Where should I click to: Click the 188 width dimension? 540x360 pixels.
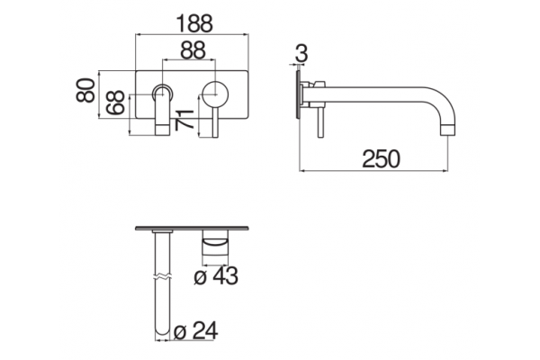click(x=194, y=23)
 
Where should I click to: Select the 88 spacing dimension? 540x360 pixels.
click(x=193, y=50)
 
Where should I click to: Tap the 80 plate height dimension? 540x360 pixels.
click(x=85, y=90)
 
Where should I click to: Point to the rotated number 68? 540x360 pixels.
click(x=115, y=103)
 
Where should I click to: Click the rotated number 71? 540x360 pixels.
click(x=184, y=120)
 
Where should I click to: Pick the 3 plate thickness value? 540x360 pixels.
click(x=301, y=54)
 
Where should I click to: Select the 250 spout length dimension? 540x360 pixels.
click(x=382, y=158)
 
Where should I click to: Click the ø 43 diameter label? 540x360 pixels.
click(x=216, y=276)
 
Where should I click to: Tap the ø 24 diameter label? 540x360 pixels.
click(x=196, y=330)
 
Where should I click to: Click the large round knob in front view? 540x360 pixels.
click(x=215, y=94)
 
